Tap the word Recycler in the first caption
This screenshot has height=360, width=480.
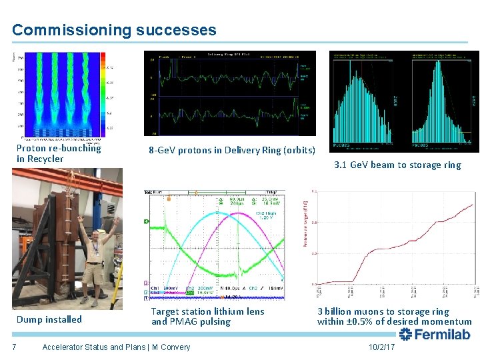tap(45, 159)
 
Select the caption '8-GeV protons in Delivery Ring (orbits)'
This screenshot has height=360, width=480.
tap(232, 150)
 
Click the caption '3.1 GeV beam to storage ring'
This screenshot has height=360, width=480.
tap(398, 165)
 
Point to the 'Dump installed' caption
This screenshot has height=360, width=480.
tap(49, 319)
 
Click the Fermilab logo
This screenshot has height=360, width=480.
tap(434, 335)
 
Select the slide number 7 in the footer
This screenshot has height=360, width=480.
tap(14, 347)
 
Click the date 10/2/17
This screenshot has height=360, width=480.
tap(381, 347)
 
